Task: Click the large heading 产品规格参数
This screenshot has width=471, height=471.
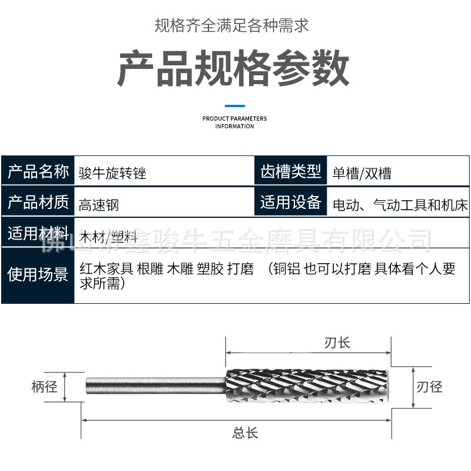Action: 234,69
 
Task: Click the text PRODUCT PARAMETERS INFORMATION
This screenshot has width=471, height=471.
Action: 234,122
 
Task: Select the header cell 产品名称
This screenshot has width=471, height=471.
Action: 38,173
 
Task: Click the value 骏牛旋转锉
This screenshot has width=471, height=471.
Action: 112,174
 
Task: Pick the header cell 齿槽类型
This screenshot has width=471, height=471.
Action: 291,173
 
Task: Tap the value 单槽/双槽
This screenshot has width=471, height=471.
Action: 361,174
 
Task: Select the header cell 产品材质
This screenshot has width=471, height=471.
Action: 38,203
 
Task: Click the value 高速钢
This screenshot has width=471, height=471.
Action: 99,205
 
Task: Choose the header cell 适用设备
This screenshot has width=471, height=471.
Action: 291,203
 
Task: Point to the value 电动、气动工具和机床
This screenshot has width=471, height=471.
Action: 400,205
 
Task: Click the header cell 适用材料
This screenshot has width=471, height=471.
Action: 38,234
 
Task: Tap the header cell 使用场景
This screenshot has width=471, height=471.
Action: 38,274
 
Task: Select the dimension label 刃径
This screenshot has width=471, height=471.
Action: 429,387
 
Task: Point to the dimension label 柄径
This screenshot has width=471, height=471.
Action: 44,387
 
